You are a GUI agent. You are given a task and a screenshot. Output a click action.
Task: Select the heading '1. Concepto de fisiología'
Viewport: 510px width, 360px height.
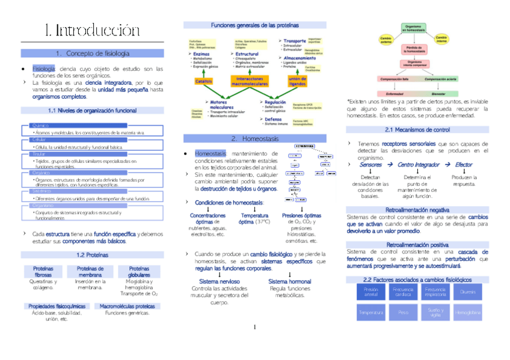[92, 53]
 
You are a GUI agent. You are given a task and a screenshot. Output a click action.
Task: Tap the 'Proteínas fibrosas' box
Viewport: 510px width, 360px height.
[43, 271]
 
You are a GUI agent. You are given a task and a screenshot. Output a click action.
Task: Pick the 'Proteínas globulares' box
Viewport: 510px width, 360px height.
[140, 271]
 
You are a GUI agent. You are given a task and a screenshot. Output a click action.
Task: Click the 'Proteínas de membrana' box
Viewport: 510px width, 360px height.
[91, 271]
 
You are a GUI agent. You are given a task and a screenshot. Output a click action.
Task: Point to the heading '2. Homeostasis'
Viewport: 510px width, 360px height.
[254, 138]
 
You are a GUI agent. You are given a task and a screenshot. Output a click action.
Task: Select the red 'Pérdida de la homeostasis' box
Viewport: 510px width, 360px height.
[413, 50]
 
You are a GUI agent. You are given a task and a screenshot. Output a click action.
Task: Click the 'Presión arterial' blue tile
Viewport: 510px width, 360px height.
[370, 292]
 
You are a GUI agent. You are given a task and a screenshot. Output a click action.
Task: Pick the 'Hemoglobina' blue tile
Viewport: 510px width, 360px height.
[467, 313]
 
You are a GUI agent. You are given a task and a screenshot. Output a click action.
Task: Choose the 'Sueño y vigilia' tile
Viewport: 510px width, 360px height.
[435, 313]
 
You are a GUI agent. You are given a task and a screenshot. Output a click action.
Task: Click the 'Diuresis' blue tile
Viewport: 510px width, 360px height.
[467, 292]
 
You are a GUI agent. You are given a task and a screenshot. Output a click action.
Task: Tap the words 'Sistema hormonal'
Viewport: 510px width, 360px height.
[290, 281]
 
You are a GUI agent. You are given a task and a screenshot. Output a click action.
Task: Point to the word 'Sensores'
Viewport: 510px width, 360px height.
[370, 165]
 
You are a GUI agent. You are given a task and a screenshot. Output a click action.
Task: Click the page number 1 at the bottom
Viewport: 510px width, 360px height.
[255, 327]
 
